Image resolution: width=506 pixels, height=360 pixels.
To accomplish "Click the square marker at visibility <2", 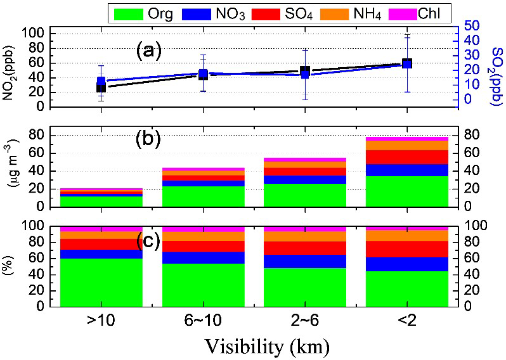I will point(406,63).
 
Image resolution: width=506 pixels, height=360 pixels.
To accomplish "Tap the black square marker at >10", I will point(101,87).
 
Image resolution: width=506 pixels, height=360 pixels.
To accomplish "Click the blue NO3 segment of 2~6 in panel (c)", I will point(305,261).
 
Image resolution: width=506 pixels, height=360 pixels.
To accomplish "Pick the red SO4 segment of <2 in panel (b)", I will point(406,157).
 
